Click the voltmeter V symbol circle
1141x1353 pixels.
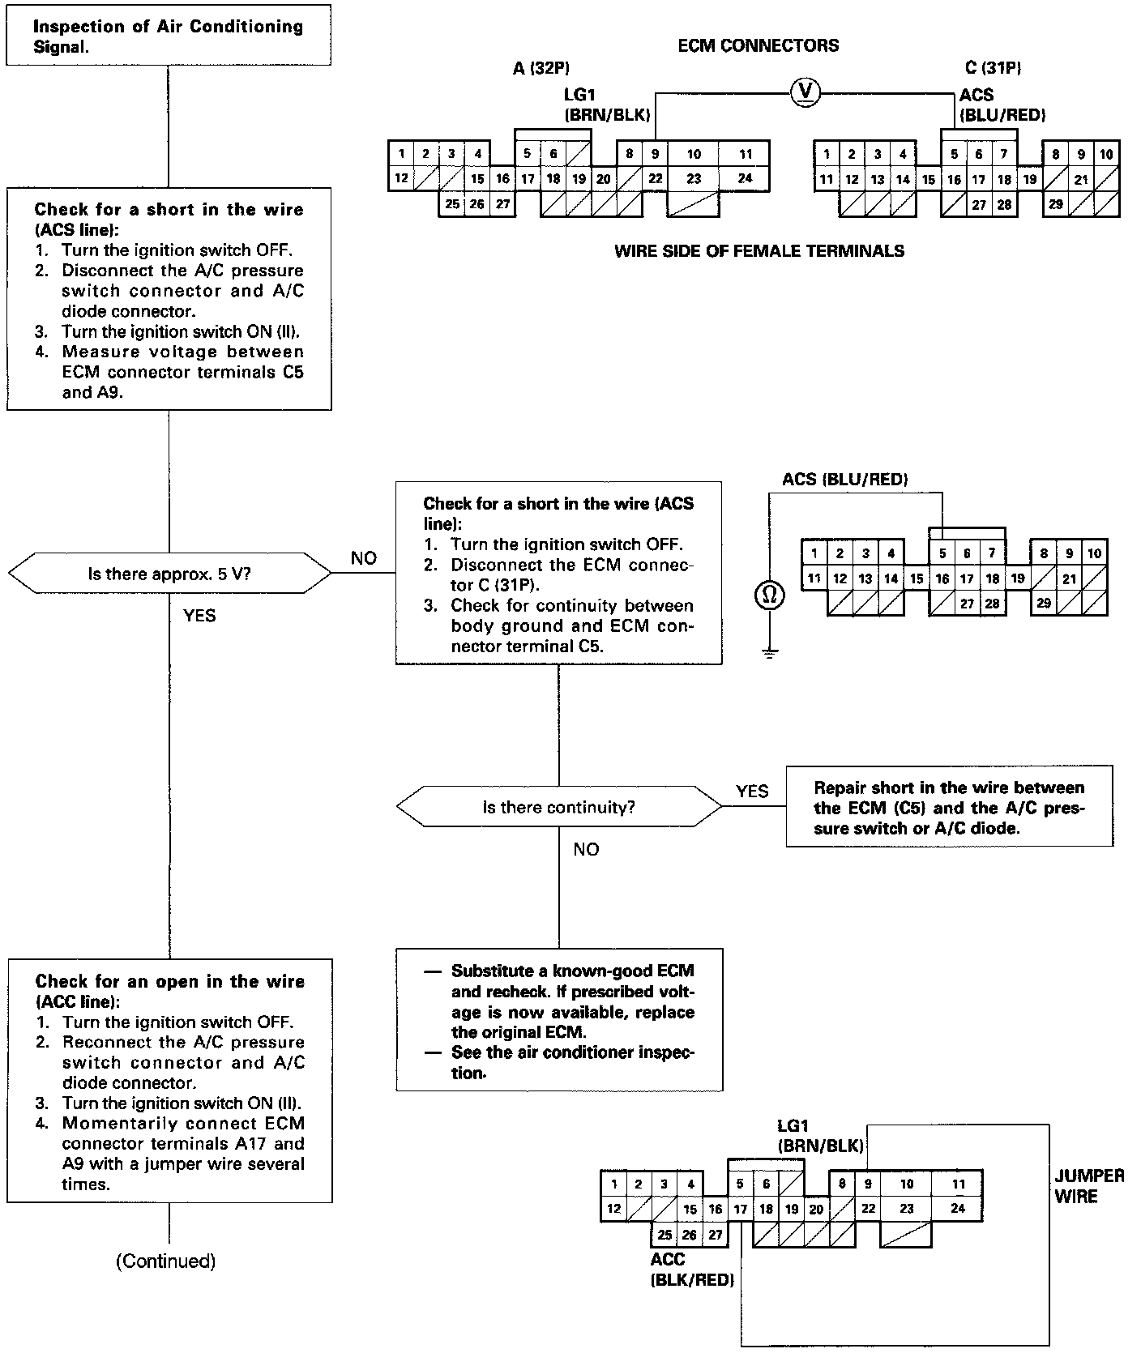(805, 92)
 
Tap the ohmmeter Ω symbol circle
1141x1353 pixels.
(769, 595)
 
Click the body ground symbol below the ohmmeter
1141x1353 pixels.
(769, 652)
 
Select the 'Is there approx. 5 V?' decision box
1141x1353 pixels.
(169, 574)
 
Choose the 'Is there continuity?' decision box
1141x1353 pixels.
(558, 807)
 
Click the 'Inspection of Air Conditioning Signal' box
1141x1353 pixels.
(169, 36)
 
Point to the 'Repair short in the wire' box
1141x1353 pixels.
(949, 807)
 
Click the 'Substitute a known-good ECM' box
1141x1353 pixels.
(558, 1020)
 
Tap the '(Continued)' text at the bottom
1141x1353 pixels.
(166, 1261)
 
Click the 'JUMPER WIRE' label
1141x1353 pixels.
(1088, 1185)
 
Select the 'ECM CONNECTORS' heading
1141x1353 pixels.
(758, 45)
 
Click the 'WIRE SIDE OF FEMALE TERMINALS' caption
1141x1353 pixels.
(759, 251)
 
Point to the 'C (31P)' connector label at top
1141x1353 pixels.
(987, 69)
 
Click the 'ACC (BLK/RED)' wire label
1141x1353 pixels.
(691, 1270)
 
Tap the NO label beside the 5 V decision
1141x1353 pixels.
(363, 558)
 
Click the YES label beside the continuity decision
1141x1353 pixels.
(752, 791)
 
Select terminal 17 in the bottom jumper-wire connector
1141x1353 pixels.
(740, 1210)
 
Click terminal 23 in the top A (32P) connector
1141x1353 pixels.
(694, 178)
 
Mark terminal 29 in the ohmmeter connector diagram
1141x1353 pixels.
(1044, 603)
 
